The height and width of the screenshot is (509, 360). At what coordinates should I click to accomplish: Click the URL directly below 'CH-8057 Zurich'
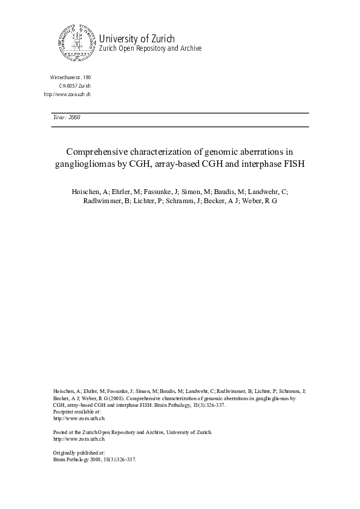point(68,94)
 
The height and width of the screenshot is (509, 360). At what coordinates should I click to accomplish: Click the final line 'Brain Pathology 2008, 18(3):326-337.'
point(96,459)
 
